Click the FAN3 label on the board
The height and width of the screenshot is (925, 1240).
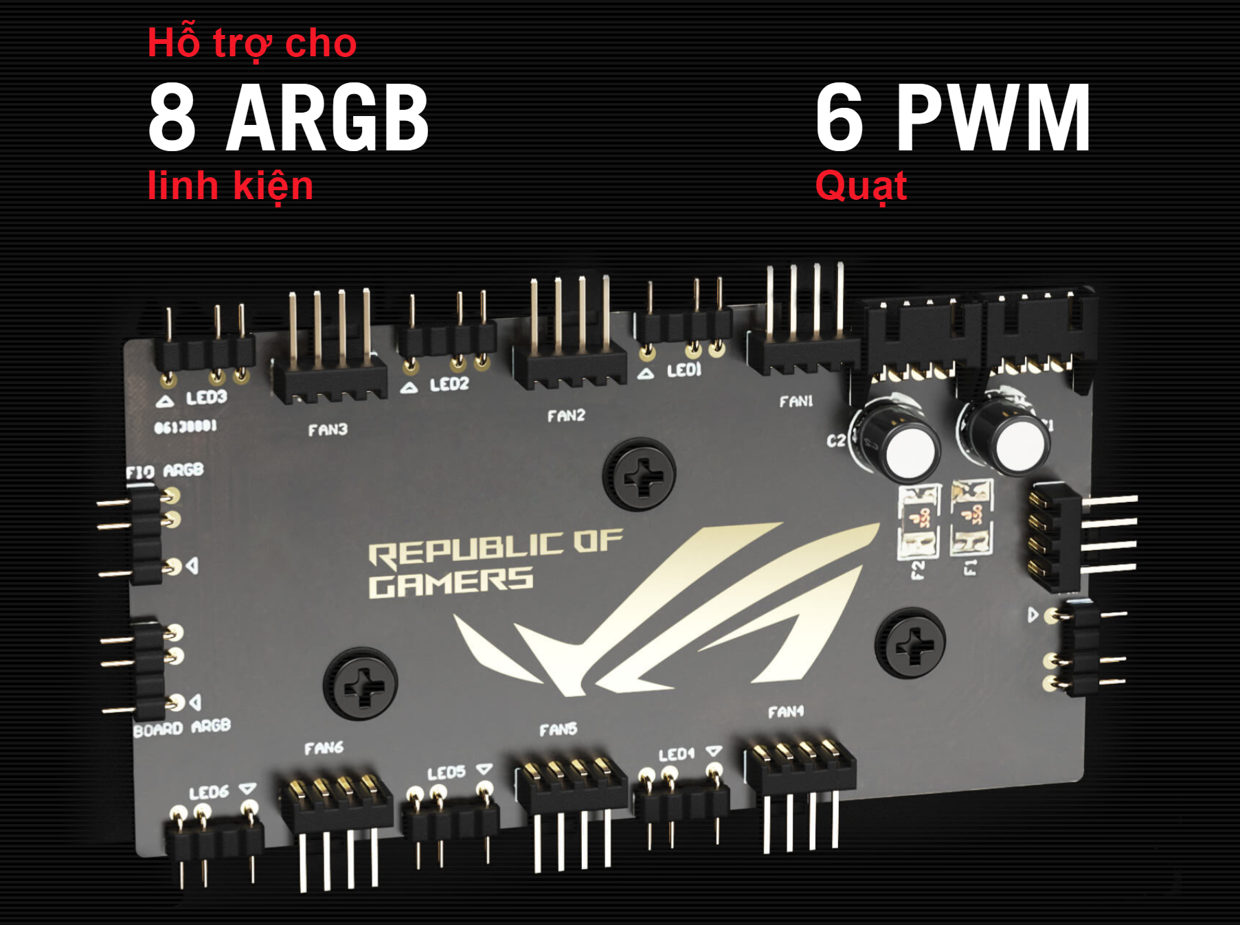[328, 430]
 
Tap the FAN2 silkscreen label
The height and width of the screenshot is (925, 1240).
[566, 415]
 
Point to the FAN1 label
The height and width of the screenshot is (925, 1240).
[796, 401]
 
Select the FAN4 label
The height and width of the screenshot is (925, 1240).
[785, 712]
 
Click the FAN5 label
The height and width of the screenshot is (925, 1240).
[558, 729]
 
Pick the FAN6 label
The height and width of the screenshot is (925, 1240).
[324, 748]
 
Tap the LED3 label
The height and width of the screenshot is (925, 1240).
[206, 398]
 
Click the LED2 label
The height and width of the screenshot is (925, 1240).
[449, 384]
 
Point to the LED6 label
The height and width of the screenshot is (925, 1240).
[209, 792]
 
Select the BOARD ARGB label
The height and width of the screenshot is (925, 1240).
[182, 727]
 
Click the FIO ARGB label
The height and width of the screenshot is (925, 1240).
[165, 471]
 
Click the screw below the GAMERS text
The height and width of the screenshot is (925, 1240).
[361, 684]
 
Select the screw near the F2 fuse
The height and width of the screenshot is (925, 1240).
[910, 643]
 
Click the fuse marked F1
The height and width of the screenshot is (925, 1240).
[971, 517]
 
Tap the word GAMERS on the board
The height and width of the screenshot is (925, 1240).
[451, 582]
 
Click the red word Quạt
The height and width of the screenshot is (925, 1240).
[861, 186]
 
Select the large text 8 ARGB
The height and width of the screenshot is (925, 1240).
[289, 117]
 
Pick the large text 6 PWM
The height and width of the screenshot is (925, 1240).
[953, 117]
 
